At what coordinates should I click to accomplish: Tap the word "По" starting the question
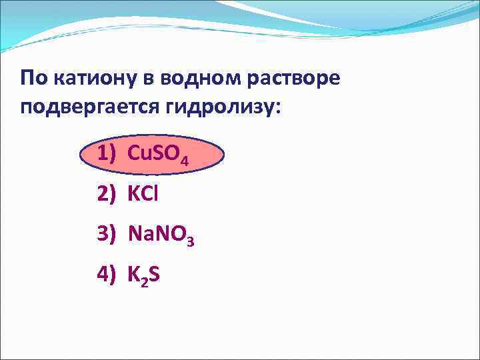point(33,79)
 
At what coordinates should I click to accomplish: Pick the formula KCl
point(143,195)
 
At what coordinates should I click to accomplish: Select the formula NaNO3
point(160,235)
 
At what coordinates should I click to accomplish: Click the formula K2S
point(143,275)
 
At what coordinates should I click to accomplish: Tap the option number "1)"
point(107,155)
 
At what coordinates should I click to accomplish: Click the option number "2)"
point(107,195)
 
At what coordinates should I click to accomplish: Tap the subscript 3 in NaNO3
point(191,241)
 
